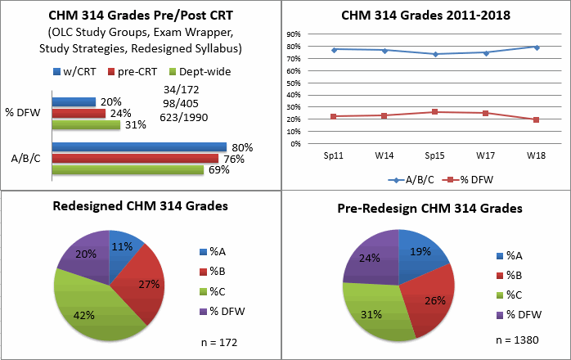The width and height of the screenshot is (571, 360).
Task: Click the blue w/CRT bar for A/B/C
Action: coord(139,147)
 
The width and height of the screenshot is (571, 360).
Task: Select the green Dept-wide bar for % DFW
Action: coord(86,125)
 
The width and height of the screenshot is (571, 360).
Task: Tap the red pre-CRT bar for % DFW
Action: coord(79,114)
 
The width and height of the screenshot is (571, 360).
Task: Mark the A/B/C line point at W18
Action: coord(536,47)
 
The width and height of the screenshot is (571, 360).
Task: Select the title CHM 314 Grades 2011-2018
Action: coord(426,15)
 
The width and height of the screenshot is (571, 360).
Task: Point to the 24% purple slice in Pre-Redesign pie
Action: coord(369,260)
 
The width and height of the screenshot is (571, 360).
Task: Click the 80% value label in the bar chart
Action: coord(242,147)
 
